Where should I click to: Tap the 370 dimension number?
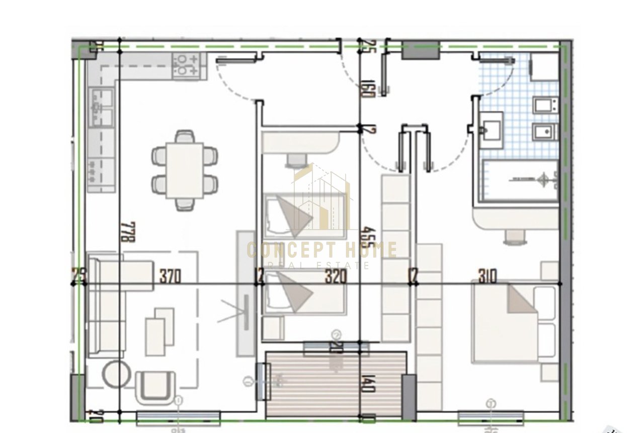[x=170, y=276]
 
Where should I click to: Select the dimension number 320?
[x=336, y=276]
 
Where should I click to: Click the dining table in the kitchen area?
[x=185, y=170]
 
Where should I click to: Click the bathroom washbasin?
[x=491, y=130]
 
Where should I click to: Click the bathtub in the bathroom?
[x=520, y=181]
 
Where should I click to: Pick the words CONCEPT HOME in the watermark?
[x=322, y=250]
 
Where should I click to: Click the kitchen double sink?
[x=102, y=107]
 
